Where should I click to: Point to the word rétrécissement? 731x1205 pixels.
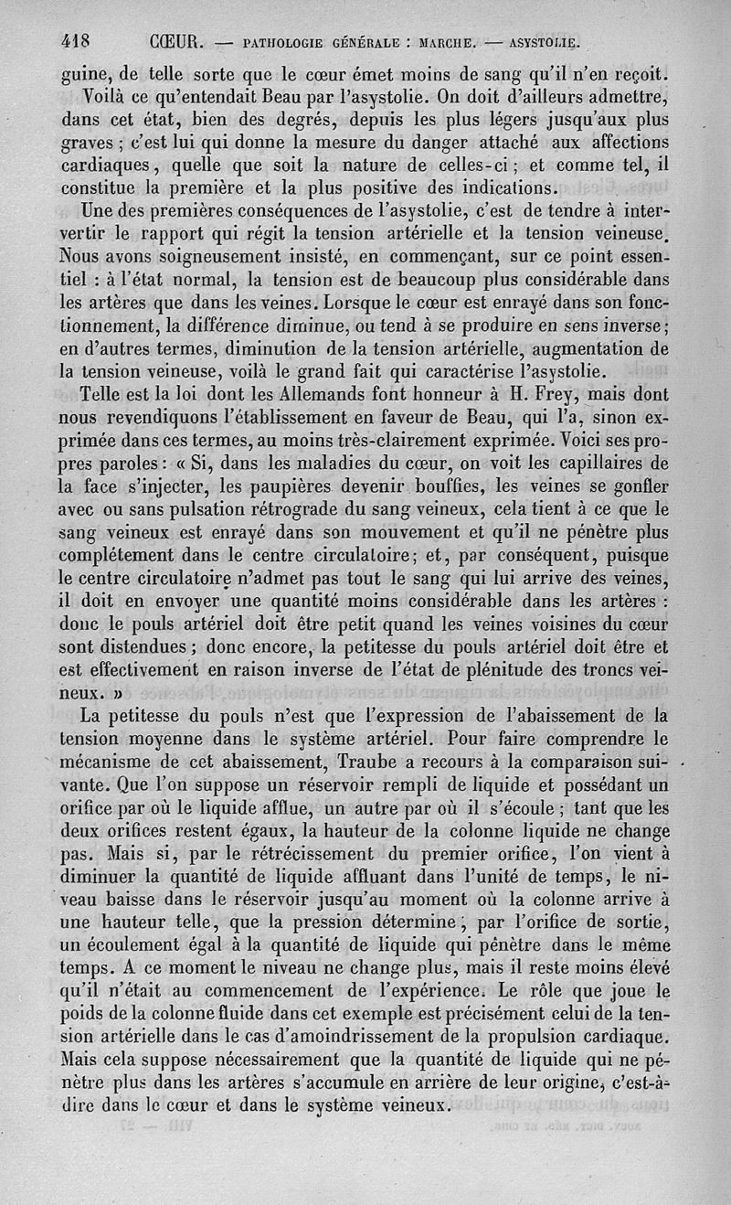pyautogui.click(x=302, y=856)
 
